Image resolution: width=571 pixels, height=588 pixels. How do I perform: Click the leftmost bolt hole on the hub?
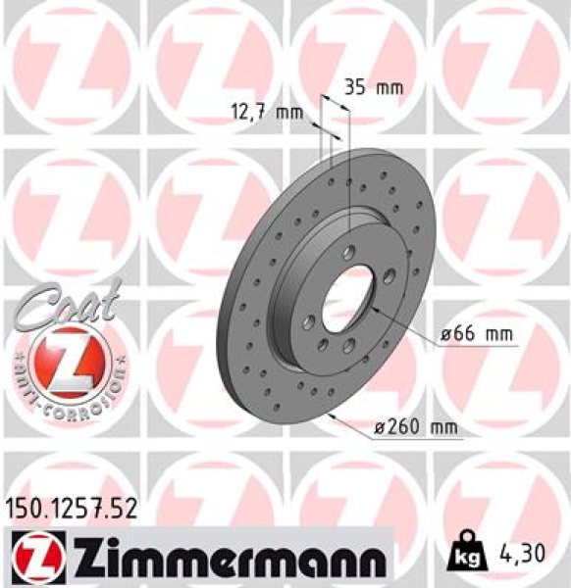(x=308, y=320)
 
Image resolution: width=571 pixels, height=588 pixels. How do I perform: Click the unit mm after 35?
(x=389, y=87)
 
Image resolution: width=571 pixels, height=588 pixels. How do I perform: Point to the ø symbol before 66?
(x=446, y=335)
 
